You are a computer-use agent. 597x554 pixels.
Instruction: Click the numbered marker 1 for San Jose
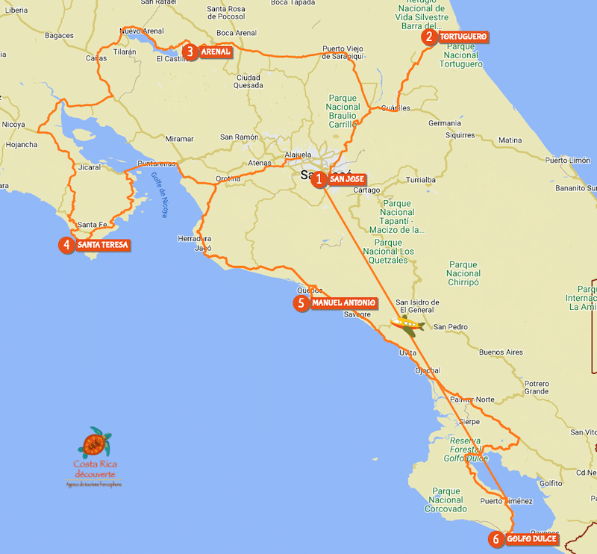(x=319, y=179)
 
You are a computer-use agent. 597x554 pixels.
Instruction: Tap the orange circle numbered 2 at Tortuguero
(x=428, y=37)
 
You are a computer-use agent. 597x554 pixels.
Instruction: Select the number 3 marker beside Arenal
(x=190, y=52)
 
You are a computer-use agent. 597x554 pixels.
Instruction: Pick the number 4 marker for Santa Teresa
(x=66, y=244)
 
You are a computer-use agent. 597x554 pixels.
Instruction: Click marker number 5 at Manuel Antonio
(x=301, y=303)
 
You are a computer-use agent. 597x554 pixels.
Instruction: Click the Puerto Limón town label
(x=567, y=161)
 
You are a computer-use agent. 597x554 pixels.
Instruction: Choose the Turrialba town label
(x=420, y=180)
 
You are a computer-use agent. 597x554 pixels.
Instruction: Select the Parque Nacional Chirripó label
(x=463, y=273)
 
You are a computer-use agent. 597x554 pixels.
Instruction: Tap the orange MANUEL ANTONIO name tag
(x=343, y=303)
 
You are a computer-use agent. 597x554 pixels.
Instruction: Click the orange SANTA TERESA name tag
(x=102, y=244)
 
